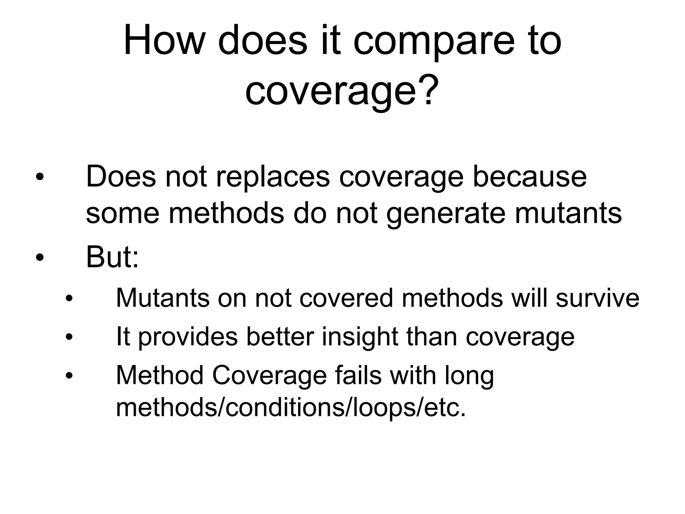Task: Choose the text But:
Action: point(112,258)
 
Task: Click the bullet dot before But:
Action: point(40,258)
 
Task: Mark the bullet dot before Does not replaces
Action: point(40,177)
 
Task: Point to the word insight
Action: point(360,337)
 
